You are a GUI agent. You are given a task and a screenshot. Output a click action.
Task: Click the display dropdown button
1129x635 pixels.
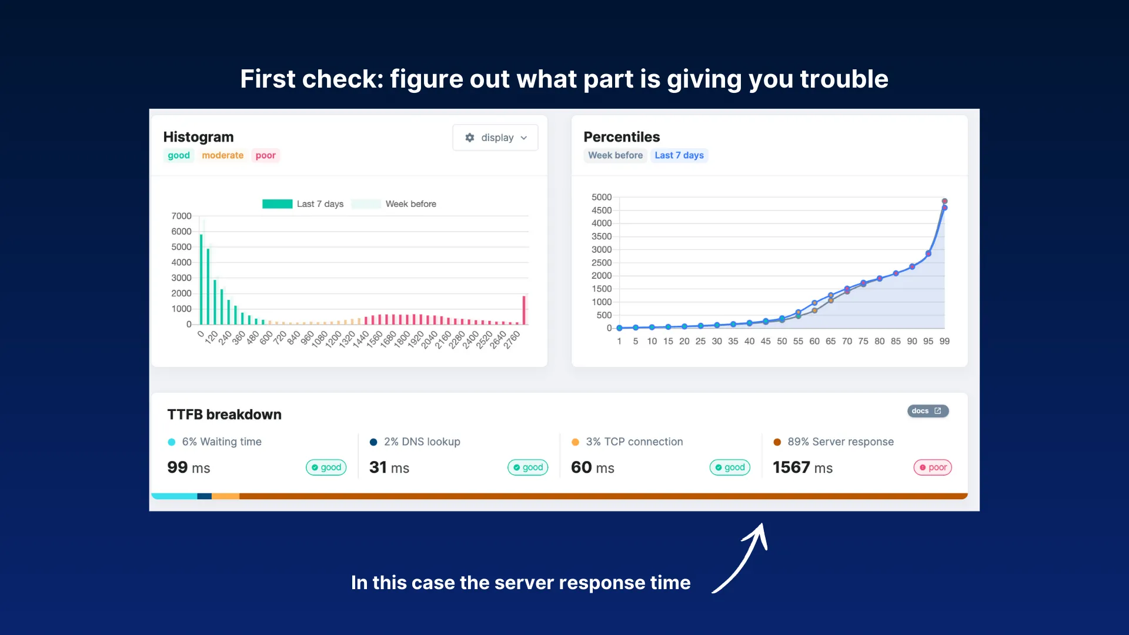click(x=495, y=138)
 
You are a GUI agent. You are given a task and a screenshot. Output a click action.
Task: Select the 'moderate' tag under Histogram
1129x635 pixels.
click(x=222, y=155)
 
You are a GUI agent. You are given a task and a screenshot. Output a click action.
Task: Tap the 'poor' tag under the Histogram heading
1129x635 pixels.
click(x=265, y=155)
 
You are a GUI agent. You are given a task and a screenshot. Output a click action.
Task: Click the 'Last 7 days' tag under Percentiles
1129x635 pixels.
click(x=679, y=155)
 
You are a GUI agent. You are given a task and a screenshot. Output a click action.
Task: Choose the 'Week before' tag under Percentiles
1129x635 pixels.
click(x=615, y=155)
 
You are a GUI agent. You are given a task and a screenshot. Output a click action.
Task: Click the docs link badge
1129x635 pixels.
click(x=927, y=411)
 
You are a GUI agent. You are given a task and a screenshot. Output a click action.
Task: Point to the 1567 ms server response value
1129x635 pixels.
click(x=802, y=467)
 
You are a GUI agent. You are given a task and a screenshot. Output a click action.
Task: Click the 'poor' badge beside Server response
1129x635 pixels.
click(x=932, y=467)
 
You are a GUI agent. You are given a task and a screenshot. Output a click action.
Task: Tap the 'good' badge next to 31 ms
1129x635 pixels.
click(x=527, y=467)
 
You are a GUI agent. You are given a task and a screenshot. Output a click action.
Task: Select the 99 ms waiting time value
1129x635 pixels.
click(x=188, y=467)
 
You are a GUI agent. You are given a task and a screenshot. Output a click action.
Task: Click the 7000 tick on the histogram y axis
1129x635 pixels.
click(x=181, y=216)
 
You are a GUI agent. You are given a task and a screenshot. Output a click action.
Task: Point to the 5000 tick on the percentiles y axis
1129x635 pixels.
click(x=601, y=197)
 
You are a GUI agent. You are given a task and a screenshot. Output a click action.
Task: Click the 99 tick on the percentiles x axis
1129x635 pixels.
click(x=944, y=341)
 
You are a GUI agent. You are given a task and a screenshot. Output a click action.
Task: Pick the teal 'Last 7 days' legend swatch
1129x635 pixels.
click(x=277, y=204)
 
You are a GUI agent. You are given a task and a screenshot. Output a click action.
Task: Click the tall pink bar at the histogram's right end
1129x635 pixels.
click(x=524, y=310)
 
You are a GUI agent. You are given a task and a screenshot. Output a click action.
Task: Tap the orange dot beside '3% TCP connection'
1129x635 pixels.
click(x=575, y=442)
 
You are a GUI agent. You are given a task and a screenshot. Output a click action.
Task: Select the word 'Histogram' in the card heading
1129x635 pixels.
click(x=198, y=137)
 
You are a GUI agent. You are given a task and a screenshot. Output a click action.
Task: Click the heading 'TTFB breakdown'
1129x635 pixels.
click(x=224, y=415)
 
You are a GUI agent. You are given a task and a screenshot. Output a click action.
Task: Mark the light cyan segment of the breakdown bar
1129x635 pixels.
click(x=174, y=496)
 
